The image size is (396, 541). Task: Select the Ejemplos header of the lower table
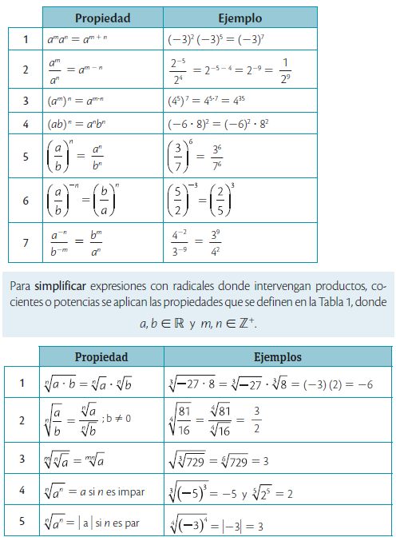pos(278,356)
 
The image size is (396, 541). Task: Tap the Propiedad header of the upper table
pos(102,18)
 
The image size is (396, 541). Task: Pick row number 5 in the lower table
pos(22,523)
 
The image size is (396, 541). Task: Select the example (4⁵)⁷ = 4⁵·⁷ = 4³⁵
pos(208,101)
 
